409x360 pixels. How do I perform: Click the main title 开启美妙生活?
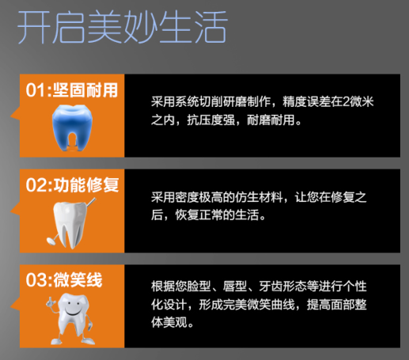pyautogui.click(x=122, y=27)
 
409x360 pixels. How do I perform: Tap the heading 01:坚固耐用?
pyautogui.click(x=72, y=90)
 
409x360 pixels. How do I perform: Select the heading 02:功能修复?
pyautogui.click(x=72, y=184)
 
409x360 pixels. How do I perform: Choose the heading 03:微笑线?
pyautogui.click(x=64, y=279)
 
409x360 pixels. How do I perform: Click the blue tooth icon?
pyautogui.click(x=72, y=128)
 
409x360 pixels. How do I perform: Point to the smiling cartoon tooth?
pyautogui.click(x=70, y=320)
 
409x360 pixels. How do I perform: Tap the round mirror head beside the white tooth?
pyautogui.click(x=51, y=241)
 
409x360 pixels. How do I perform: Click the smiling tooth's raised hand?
pyautogui.click(x=50, y=302)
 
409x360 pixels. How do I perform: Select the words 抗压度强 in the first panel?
pyautogui.click(x=211, y=120)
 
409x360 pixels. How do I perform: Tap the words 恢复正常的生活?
pyautogui.click(x=217, y=215)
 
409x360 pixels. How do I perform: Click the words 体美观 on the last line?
pyautogui.click(x=169, y=322)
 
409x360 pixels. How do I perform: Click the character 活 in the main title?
pyautogui.click(x=210, y=27)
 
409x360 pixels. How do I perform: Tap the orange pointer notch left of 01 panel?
pyautogui.click(x=15, y=114)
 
